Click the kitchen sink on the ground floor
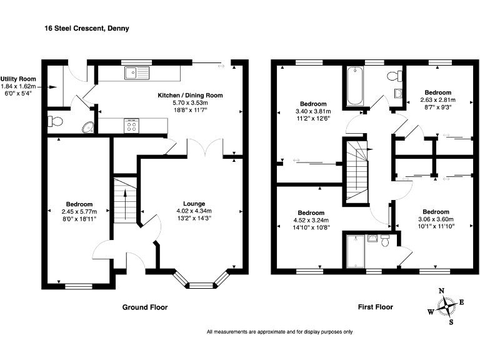pyautogui.click(x=137, y=73)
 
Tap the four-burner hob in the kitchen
pyautogui.click(x=132, y=126)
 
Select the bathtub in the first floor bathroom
pyautogui.click(x=355, y=86)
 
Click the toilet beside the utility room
pyautogui.click(x=55, y=121)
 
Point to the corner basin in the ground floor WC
pyautogui.click(x=89, y=127)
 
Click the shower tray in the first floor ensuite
pyautogui.click(x=356, y=251)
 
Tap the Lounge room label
pyautogui.click(x=194, y=204)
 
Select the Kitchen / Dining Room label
pyautogui.click(x=190, y=95)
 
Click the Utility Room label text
pyautogui.click(x=18, y=79)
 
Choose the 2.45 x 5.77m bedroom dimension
pyautogui.click(x=79, y=211)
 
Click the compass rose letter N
pyautogui.click(x=441, y=291)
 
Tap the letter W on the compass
pyautogui.click(x=431, y=312)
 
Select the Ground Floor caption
pyautogui.click(x=145, y=307)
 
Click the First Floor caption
pyautogui.click(x=376, y=307)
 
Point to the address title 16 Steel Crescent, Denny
pyautogui.click(x=87, y=29)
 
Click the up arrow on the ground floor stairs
pyautogui.click(x=125, y=204)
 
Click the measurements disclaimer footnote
pyautogui.click(x=280, y=332)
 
